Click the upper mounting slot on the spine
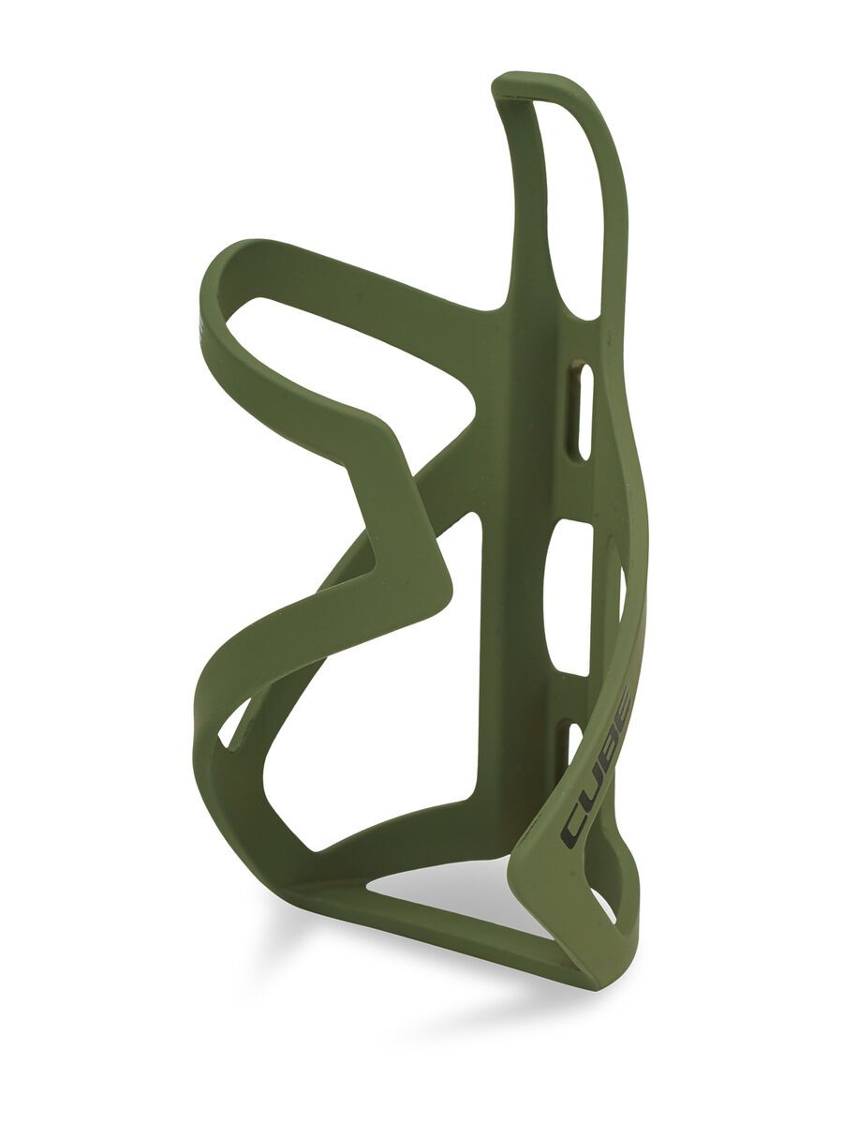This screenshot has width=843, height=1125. [584, 412]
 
